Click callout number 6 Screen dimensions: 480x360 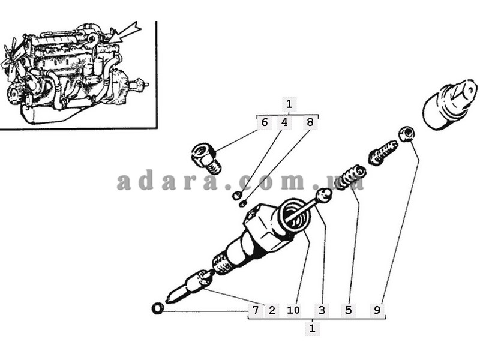click(x=265, y=122)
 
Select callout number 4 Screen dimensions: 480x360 click(x=284, y=122)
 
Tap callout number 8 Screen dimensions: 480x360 click(x=310, y=122)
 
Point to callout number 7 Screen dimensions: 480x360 click(x=256, y=310)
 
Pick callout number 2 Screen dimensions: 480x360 click(x=272, y=310)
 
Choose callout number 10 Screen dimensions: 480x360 click(x=293, y=310)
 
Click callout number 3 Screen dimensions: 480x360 click(x=322, y=310)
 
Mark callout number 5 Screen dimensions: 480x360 click(x=349, y=310)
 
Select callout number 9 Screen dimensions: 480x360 click(x=377, y=310)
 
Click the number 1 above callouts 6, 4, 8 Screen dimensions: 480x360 click(x=289, y=104)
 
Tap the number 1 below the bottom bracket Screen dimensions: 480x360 click(x=312, y=328)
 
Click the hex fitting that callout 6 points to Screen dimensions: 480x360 click(x=205, y=158)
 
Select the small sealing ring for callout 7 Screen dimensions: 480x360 click(x=158, y=308)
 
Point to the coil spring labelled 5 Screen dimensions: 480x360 click(x=350, y=177)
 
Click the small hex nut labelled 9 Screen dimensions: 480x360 click(x=407, y=134)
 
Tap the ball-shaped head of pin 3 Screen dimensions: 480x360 click(x=324, y=195)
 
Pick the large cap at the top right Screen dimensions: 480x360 click(x=450, y=103)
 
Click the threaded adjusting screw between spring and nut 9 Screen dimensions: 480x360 click(x=383, y=152)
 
